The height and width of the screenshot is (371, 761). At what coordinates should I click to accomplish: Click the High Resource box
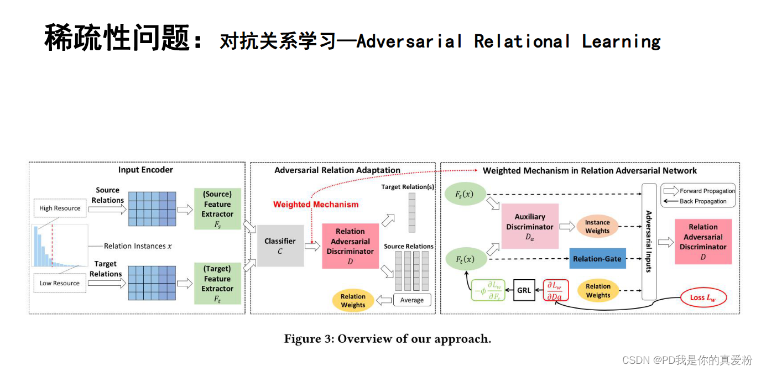pyautogui.click(x=60, y=208)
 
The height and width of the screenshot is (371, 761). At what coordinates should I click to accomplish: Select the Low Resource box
pyautogui.click(x=60, y=283)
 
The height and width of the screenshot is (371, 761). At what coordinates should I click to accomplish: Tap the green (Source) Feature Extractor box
pyautogui.click(x=217, y=208)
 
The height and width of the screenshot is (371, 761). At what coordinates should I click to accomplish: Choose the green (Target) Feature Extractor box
pyautogui.click(x=217, y=283)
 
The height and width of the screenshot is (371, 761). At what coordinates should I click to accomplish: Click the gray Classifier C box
pyautogui.click(x=280, y=245)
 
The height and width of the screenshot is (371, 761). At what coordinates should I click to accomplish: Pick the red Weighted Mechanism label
pyautogui.click(x=316, y=205)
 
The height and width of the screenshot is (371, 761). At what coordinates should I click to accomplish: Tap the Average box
pyautogui.click(x=412, y=300)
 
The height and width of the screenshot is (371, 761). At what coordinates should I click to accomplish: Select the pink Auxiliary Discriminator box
pyautogui.click(x=530, y=226)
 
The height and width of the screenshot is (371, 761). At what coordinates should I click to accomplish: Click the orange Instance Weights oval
pyautogui.click(x=597, y=227)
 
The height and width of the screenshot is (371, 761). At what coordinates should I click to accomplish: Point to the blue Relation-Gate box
pyautogui.click(x=598, y=259)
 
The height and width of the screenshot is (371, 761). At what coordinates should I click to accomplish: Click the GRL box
pyautogui.click(x=524, y=290)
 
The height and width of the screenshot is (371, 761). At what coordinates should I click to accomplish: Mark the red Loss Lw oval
pyautogui.click(x=703, y=297)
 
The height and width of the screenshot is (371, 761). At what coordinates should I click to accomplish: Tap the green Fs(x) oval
pyautogui.click(x=465, y=194)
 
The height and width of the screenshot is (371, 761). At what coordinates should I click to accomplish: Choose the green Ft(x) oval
pyautogui.click(x=466, y=259)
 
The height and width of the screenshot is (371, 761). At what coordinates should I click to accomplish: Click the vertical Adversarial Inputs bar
pyautogui.click(x=649, y=242)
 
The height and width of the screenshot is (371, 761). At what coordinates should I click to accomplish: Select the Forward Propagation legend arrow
pyautogui.click(x=671, y=191)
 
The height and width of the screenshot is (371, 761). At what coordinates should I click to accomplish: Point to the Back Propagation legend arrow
pyautogui.click(x=671, y=201)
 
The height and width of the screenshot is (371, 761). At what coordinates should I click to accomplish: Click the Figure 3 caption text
pyautogui.click(x=388, y=339)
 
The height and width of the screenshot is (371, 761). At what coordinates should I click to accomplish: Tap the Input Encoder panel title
pyautogui.click(x=145, y=170)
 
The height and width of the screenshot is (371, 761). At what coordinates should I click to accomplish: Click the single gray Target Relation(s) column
pyautogui.click(x=412, y=213)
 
